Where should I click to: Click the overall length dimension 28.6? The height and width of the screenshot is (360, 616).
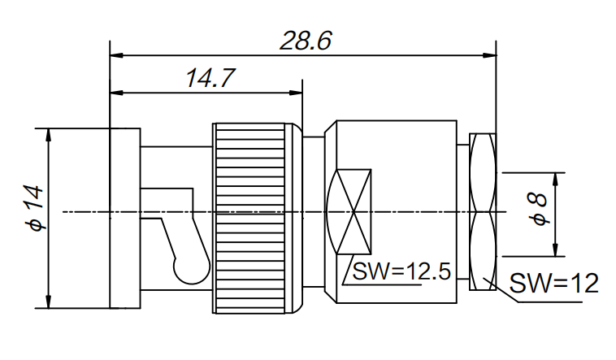pos(305,41)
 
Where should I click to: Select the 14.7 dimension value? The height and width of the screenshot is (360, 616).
pos(210,79)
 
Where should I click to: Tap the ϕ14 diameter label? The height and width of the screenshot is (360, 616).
pos(33,208)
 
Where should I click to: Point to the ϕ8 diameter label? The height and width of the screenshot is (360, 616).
pos(537,210)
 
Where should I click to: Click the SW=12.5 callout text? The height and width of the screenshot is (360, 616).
pos(401,271)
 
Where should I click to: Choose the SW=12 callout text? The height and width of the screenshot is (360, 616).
pos(553,283)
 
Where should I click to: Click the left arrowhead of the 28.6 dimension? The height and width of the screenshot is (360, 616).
pos(116,55)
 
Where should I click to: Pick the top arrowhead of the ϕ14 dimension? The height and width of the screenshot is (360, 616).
pos(50,134)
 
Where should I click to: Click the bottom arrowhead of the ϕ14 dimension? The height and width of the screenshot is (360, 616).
pos(50,302)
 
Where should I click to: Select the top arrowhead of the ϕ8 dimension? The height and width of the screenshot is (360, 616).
pos(556,178)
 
